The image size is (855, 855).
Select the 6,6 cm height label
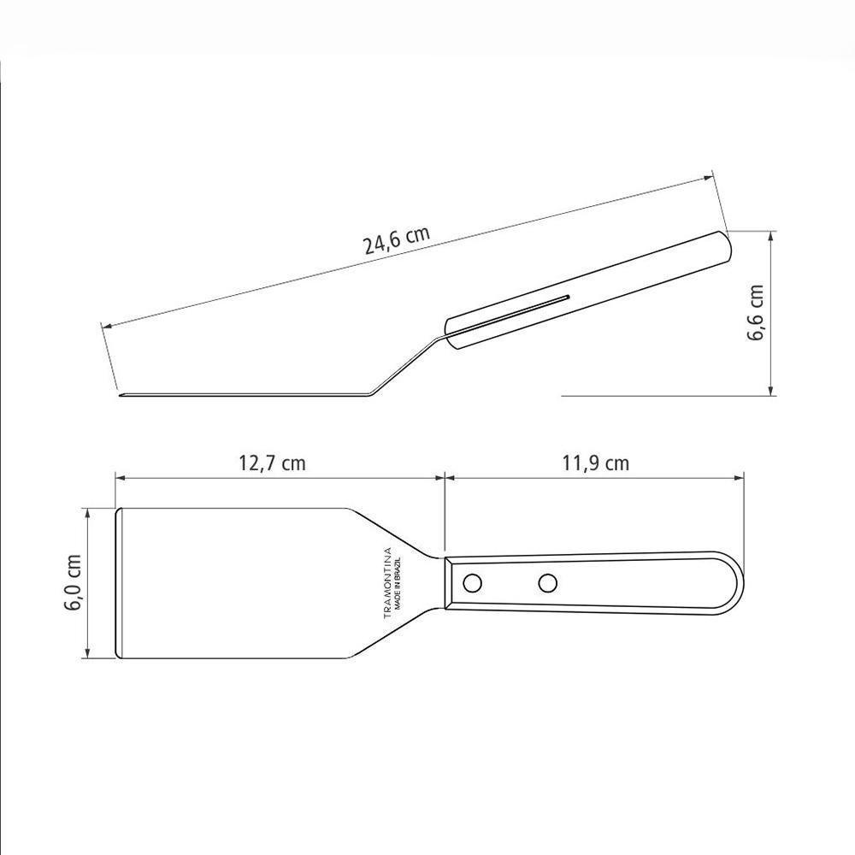(757, 313)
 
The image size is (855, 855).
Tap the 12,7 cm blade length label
(271, 463)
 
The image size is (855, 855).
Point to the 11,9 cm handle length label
(595, 463)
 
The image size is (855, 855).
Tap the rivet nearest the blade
(471, 583)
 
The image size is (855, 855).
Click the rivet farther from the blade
(547, 583)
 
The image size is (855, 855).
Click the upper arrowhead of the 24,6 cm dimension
(708, 178)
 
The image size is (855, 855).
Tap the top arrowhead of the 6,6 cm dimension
(772, 235)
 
